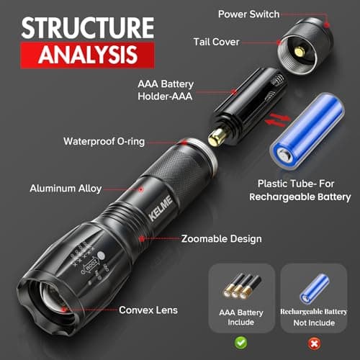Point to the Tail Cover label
click(216, 42)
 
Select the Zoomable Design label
click(221, 238)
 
